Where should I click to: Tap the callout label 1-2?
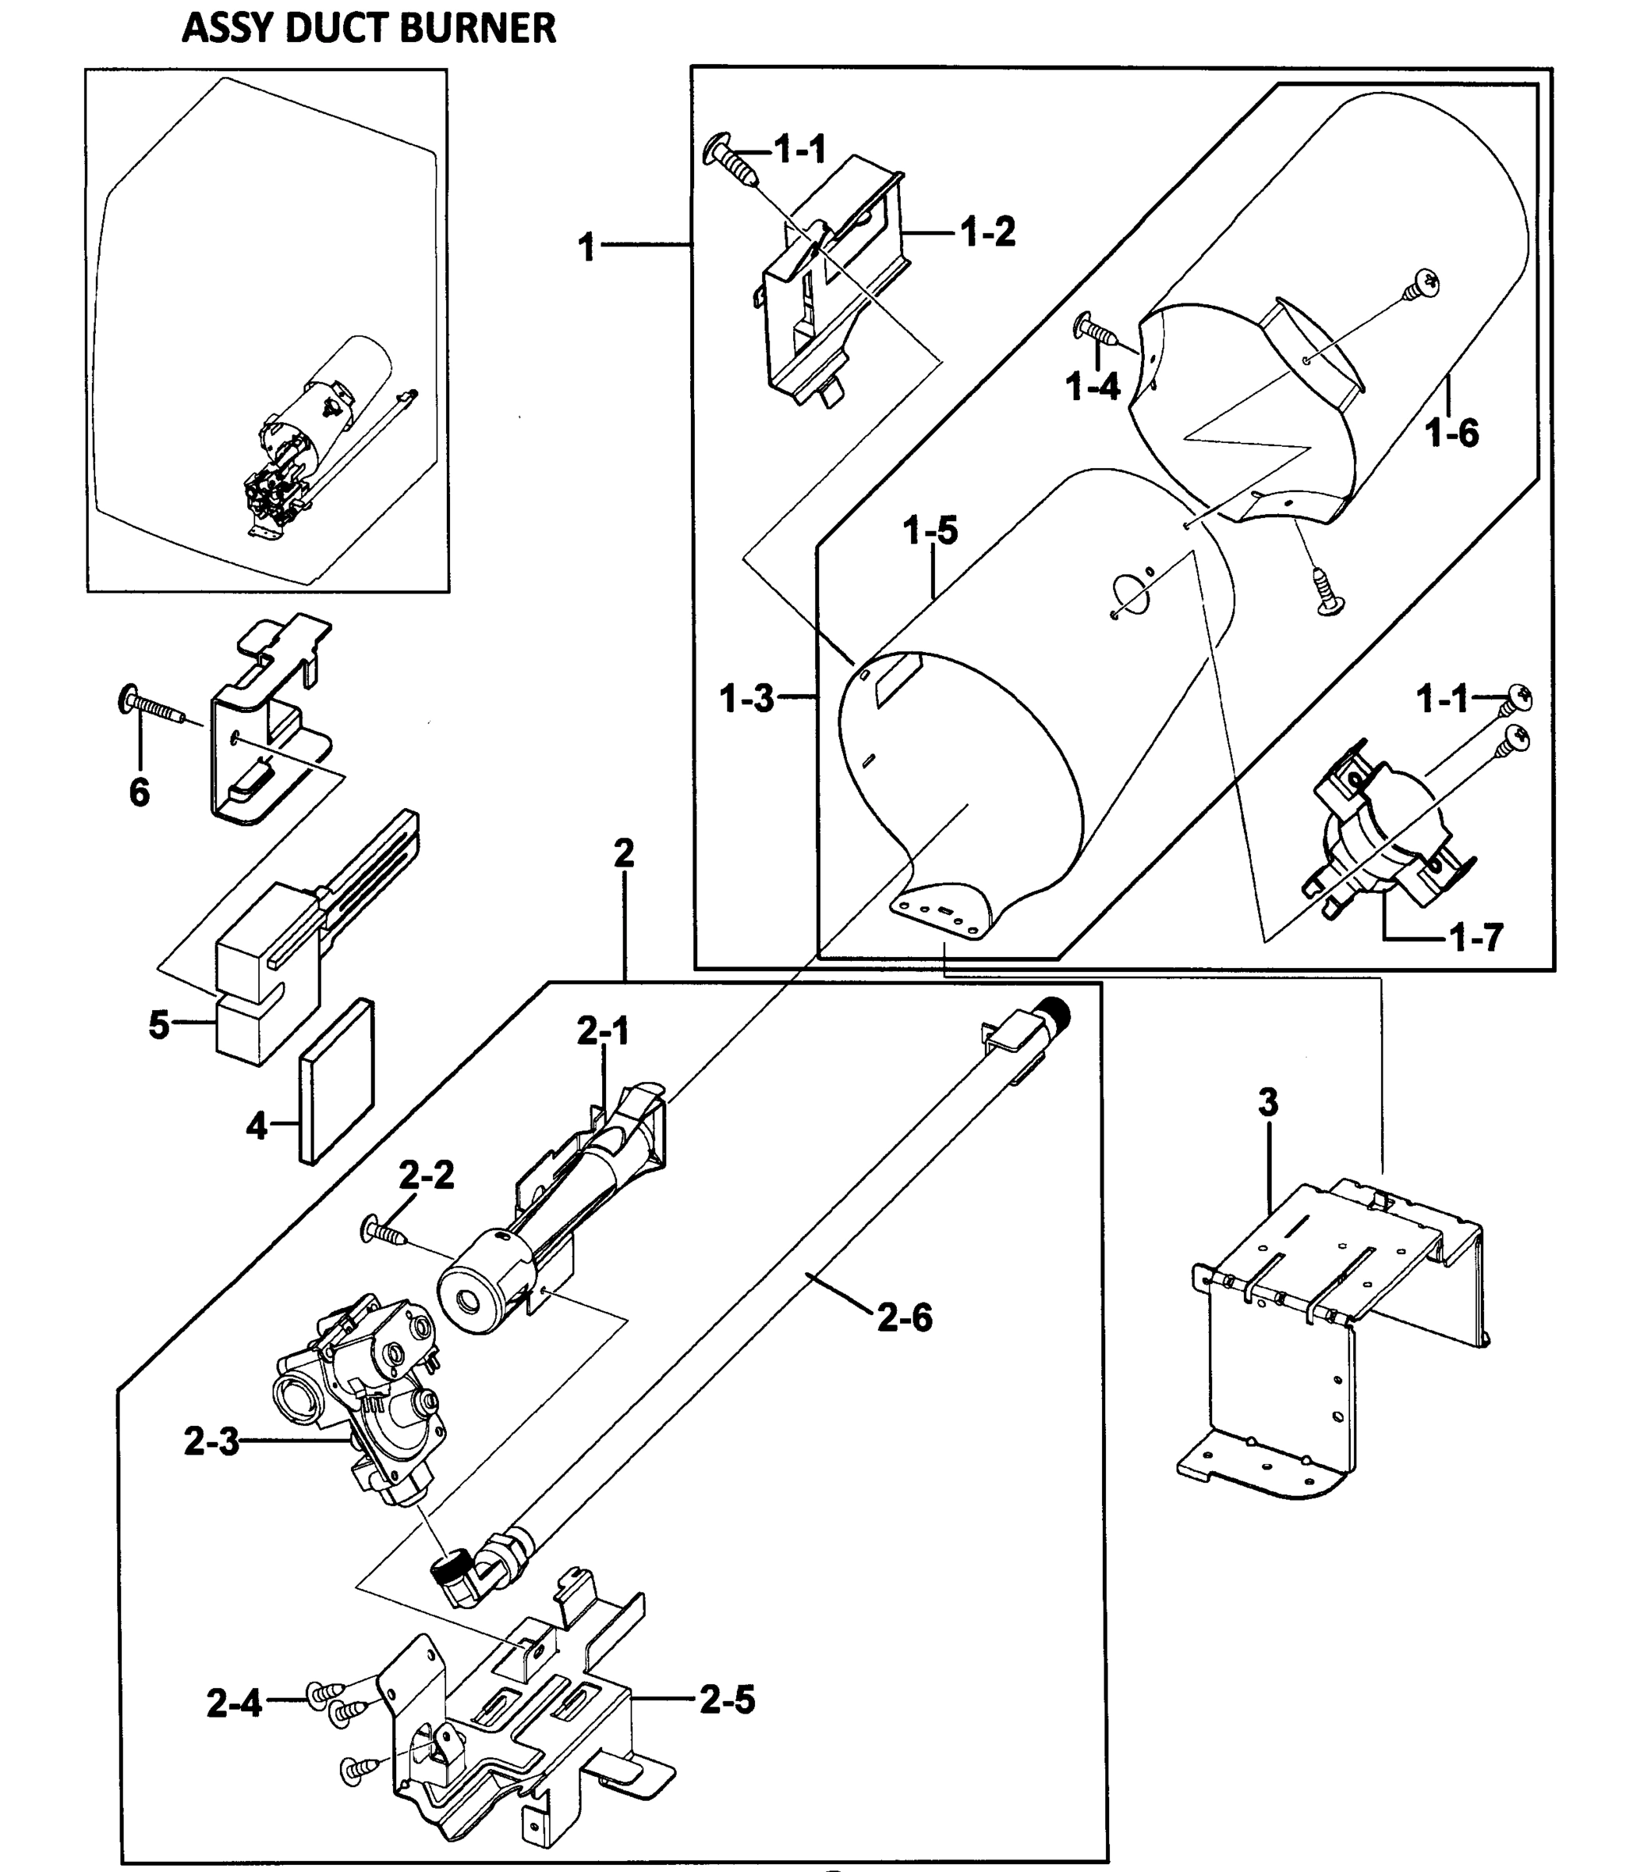(988, 232)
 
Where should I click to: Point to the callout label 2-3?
(211, 1441)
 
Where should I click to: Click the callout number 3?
(1267, 1104)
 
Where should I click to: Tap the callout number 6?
(140, 792)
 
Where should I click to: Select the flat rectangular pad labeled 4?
(337, 1081)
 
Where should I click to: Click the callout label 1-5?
(930, 530)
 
